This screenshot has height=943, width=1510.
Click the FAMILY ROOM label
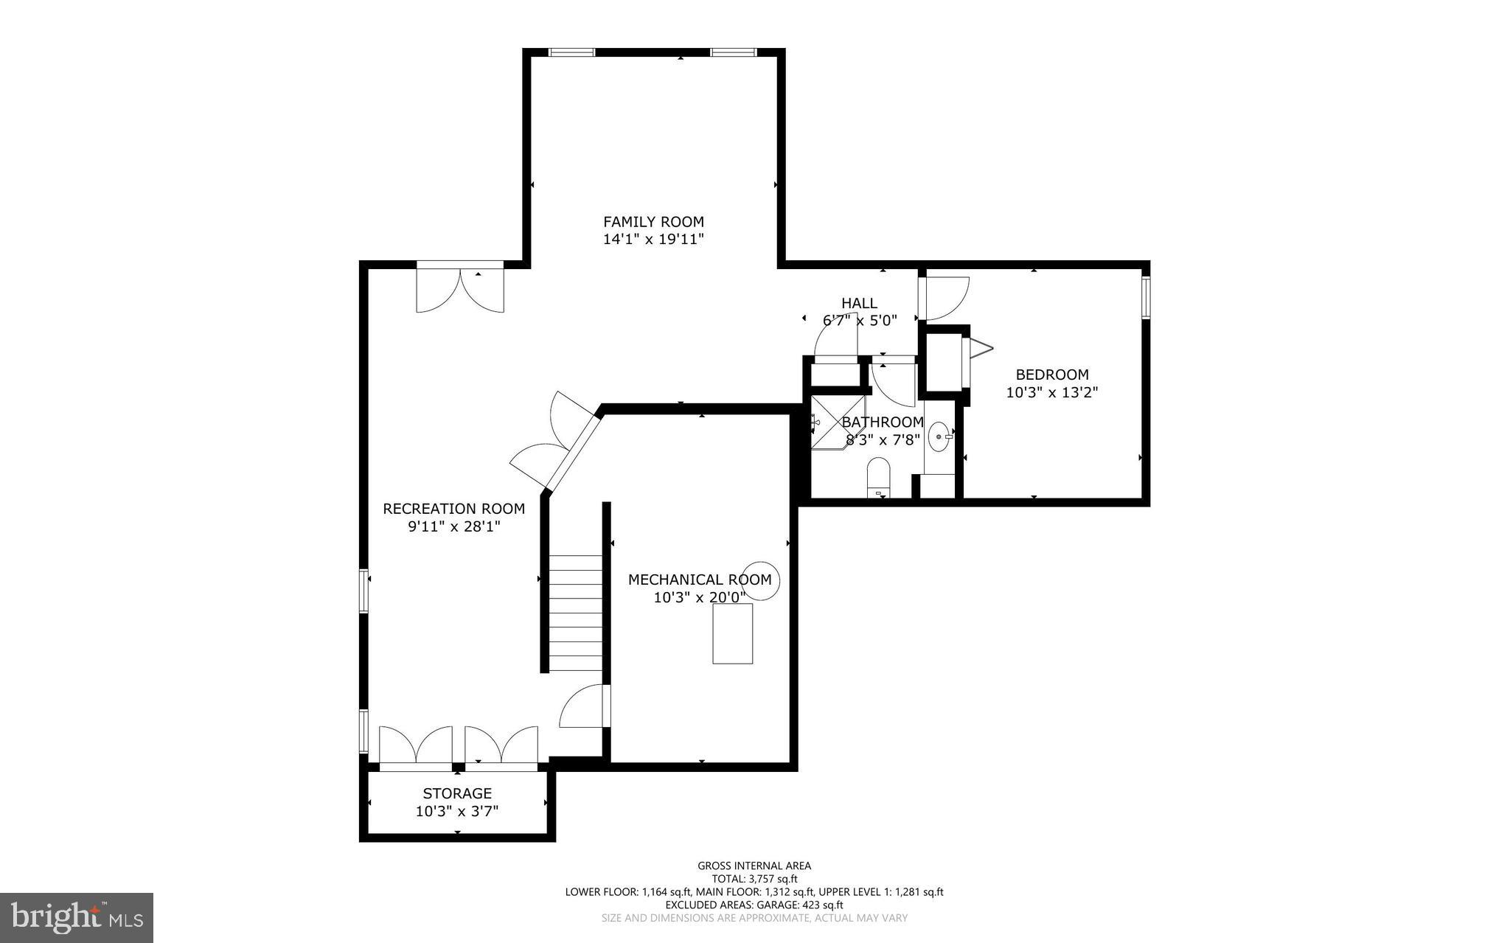[653, 222]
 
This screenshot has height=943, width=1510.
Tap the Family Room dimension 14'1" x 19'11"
[653, 240]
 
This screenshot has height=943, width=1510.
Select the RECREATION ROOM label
[453, 509]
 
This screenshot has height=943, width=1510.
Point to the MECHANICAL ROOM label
[699, 580]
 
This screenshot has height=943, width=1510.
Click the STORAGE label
[457, 794]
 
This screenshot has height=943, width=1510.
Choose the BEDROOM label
[1051, 375]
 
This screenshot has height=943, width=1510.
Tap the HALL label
[859, 303]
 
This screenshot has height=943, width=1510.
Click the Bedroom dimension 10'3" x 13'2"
[1051, 393]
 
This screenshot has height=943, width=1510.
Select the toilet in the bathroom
[878, 476]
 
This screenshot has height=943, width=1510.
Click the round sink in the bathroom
[939, 436]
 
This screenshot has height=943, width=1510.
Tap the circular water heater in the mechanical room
[759, 580]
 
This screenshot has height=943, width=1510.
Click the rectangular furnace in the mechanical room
[732, 633]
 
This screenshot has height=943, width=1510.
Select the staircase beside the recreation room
[576, 613]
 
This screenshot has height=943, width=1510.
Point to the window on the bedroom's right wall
[1146, 297]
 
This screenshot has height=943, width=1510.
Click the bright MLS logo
[76, 917]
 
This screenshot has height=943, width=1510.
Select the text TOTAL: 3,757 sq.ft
[754, 879]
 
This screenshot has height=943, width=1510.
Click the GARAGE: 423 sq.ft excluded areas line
[754, 905]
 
